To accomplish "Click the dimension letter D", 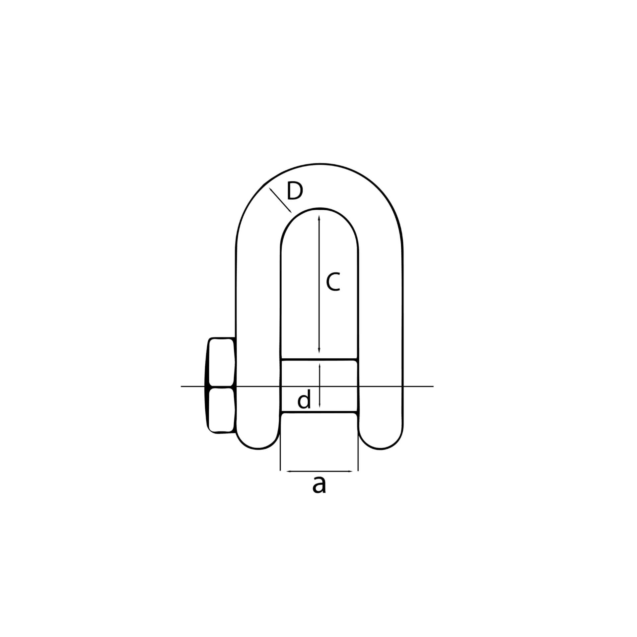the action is [x=295, y=191].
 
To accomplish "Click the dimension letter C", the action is [x=333, y=282].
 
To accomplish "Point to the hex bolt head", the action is [x=222, y=385].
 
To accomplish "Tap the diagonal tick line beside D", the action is [x=280, y=200].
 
